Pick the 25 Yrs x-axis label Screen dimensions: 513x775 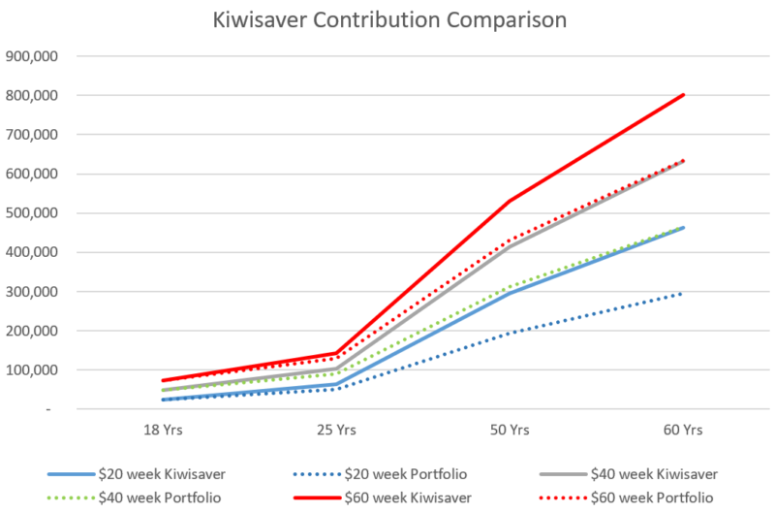click(x=337, y=429)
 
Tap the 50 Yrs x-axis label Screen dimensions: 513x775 click(x=511, y=429)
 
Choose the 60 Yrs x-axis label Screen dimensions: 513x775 click(x=683, y=429)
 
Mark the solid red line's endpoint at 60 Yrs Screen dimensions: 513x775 click(x=683, y=95)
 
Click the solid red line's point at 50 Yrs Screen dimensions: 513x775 click(x=511, y=201)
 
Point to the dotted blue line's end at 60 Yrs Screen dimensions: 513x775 click(x=683, y=293)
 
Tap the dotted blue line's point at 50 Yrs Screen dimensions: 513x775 click(x=511, y=333)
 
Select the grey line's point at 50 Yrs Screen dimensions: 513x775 click(x=511, y=246)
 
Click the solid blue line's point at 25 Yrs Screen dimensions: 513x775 click(x=337, y=384)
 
